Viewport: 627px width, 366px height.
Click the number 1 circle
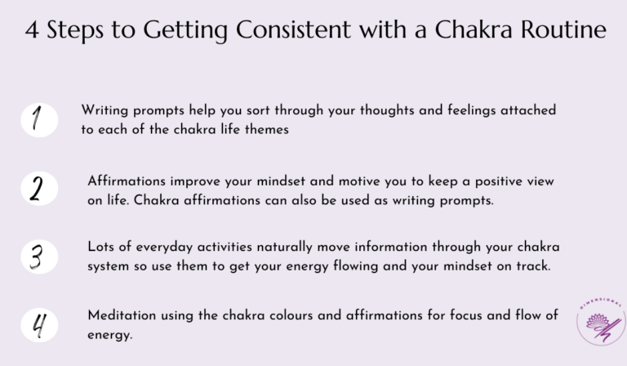tap(39, 120)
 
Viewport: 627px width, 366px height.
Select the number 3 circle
tap(39, 256)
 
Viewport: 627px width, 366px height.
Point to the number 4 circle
tap(39, 324)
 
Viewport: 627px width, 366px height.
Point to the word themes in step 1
tap(264, 130)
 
